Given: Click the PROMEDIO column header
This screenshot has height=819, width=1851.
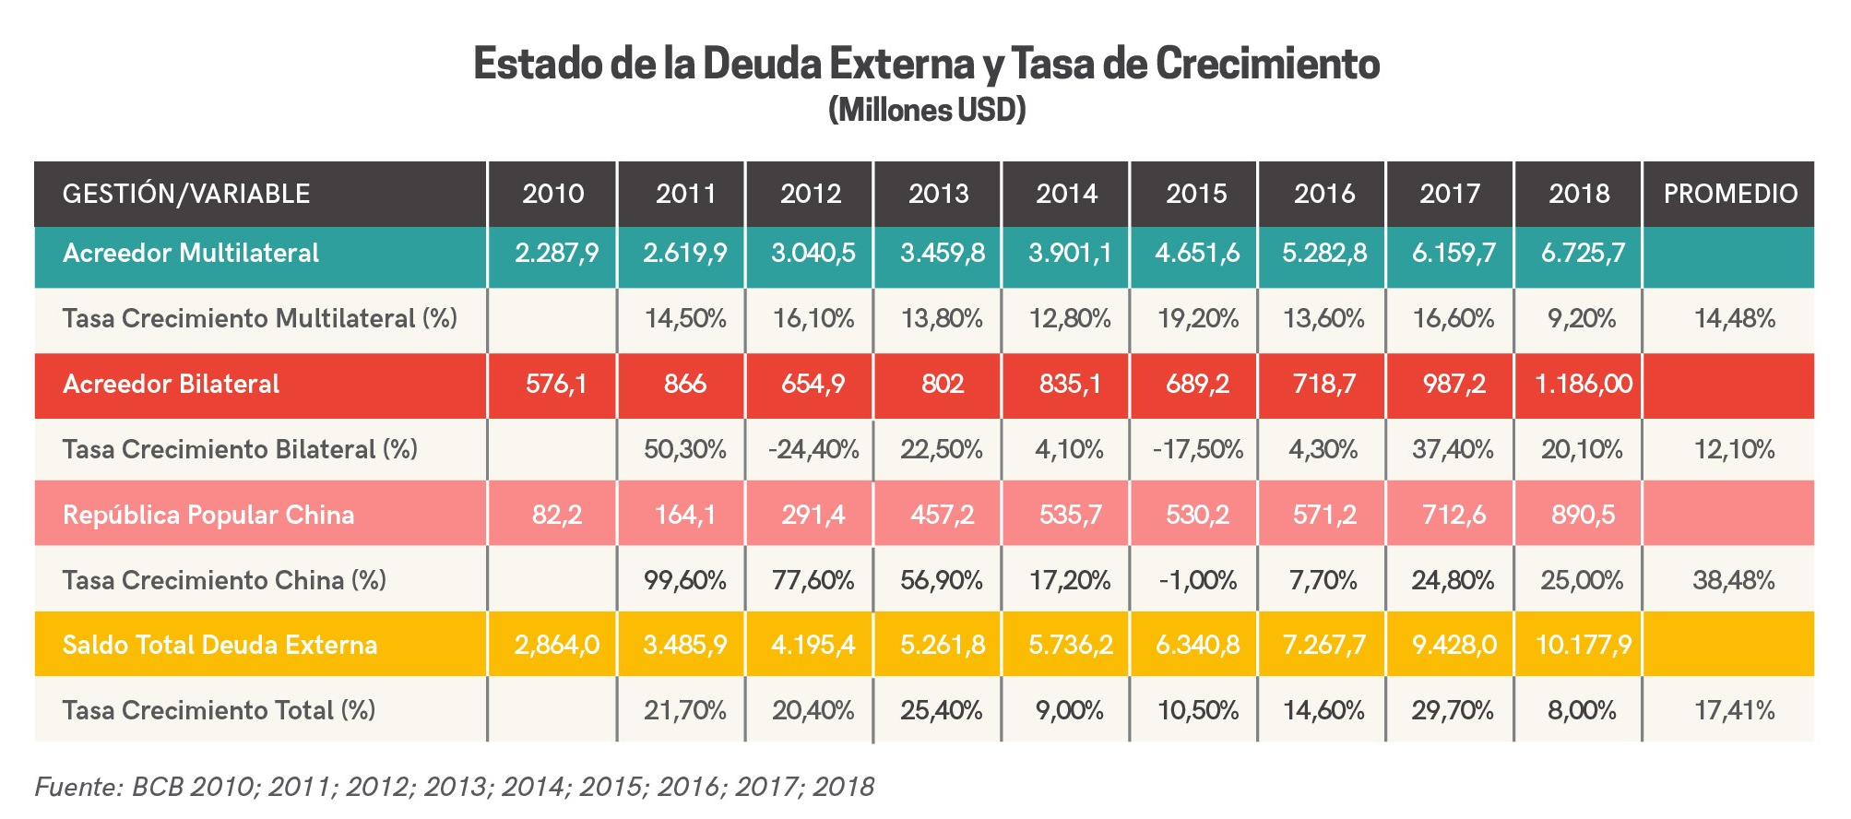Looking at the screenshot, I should (x=1730, y=194).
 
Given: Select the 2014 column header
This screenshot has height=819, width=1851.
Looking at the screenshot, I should (x=1067, y=194).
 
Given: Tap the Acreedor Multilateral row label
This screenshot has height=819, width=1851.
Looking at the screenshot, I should (x=191, y=254).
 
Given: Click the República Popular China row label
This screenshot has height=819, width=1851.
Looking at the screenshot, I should (x=208, y=515).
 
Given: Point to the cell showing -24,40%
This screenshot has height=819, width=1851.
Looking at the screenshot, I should (x=813, y=450).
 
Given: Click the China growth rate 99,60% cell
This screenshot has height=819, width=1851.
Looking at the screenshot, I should (x=685, y=581).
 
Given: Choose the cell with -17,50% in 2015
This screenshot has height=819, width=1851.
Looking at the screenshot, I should (x=1197, y=450).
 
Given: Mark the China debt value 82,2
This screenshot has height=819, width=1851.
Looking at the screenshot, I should (x=556, y=515).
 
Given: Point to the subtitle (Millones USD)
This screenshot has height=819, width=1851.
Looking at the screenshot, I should (x=926, y=111).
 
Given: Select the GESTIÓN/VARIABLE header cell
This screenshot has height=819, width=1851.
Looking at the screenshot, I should (x=186, y=194).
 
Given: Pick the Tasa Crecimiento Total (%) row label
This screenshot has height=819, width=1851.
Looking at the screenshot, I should (x=219, y=711).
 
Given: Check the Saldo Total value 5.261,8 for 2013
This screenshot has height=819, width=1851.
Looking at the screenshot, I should (x=940, y=645).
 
